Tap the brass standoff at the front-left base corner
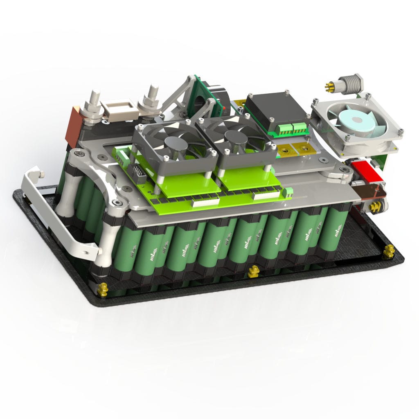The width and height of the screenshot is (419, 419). click(102, 290)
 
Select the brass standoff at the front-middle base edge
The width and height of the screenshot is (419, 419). click(253, 271)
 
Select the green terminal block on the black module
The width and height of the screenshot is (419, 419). click(291, 130)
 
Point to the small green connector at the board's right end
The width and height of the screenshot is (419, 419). click(289, 191)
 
